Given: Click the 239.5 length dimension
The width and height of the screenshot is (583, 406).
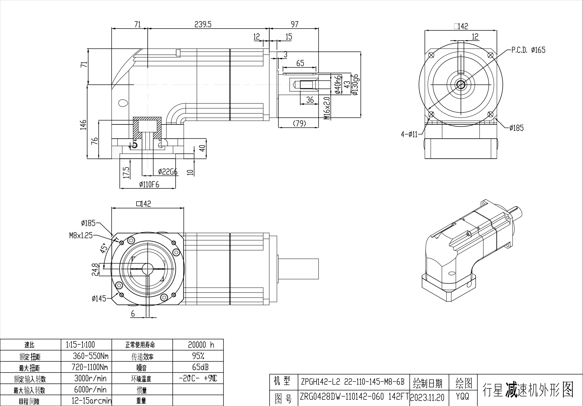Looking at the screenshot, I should click(203, 24).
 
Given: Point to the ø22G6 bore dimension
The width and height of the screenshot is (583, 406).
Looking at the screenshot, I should click(168, 172).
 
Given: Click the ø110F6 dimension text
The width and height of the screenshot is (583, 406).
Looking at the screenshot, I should click(149, 185).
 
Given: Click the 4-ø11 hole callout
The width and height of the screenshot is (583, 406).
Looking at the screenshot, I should click(409, 134).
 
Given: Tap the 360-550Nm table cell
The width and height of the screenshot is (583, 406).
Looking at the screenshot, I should click(91, 356).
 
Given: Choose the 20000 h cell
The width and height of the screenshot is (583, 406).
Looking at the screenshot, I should click(201, 345).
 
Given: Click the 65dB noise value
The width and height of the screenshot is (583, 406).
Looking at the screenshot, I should click(200, 367).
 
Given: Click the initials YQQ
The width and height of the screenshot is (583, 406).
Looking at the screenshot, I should click(462, 396).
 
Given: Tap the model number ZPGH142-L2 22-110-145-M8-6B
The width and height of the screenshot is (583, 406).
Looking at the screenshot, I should click(352, 382).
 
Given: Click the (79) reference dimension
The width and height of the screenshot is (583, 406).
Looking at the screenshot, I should click(299, 123).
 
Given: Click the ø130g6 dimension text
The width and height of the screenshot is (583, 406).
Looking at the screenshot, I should click(355, 85).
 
